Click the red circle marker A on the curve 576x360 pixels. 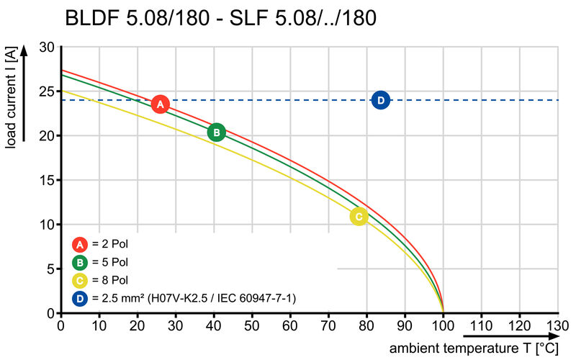(x=161, y=104)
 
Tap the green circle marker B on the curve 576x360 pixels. (x=216, y=132)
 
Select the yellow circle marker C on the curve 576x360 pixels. (x=359, y=216)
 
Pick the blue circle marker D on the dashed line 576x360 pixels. (x=381, y=100)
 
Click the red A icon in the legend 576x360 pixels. (x=80, y=243)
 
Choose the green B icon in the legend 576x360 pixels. (x=80, y=261)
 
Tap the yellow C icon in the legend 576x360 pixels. (x=80, y=279)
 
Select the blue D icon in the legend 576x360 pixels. (x=80, y=297)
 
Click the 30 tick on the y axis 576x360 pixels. (x=46, y=47)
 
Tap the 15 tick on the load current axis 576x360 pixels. (x=46, y=180)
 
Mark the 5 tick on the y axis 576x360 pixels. (x=50, y=269)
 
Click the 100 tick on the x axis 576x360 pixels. (x=443, y=325)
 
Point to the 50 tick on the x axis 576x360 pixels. (x=252, y=325)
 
